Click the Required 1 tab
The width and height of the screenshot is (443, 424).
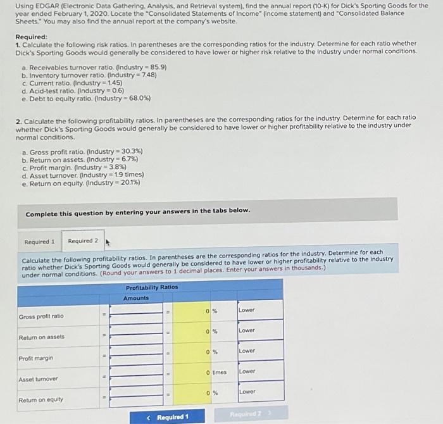click(x=39, y=242)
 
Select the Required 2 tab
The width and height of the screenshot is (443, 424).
click(x=83, y=241)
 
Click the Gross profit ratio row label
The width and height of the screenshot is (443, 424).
click(x=41, y=316)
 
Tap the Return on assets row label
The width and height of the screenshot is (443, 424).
click(x=41, y=337)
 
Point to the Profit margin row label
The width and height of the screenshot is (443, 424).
click(x=36, y=358)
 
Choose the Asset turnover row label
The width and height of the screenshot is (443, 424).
click(x=39, y=379)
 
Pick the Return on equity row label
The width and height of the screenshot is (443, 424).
click(x=41, y=400)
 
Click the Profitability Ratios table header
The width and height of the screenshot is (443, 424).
click(x=152, y=287)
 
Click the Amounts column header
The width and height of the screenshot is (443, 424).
click(x=135, y=297)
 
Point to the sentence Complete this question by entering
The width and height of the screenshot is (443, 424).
click(x=138, y=210)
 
